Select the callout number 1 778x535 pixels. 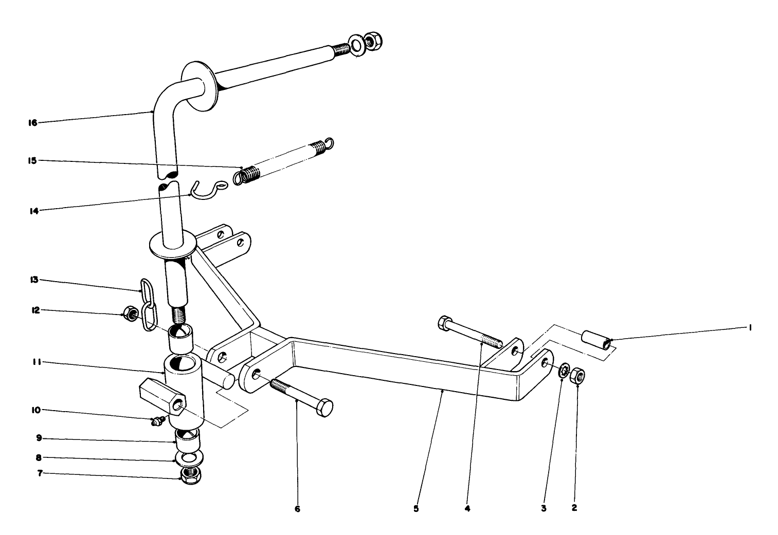click(x=750, y=328)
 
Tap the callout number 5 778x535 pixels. click(x=416, y=509)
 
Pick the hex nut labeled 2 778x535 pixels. click(x=577, y=376)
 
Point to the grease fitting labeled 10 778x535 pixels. click(x=155, y=421)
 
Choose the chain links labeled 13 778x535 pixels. click(x=148, y=304)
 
